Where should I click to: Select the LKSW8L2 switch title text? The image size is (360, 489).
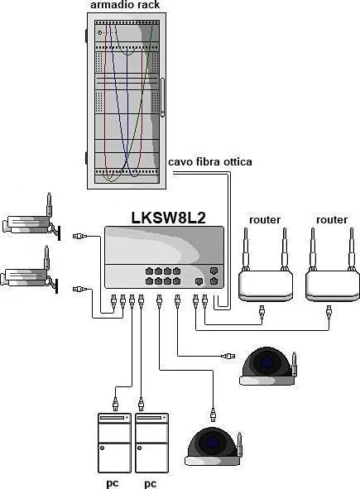[168, 218]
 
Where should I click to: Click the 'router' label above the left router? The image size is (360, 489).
[265, 220]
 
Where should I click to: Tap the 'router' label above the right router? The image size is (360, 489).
[332, 220]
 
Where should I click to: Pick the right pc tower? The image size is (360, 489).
[154, 442]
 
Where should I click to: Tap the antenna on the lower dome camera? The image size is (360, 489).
[239, 445]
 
